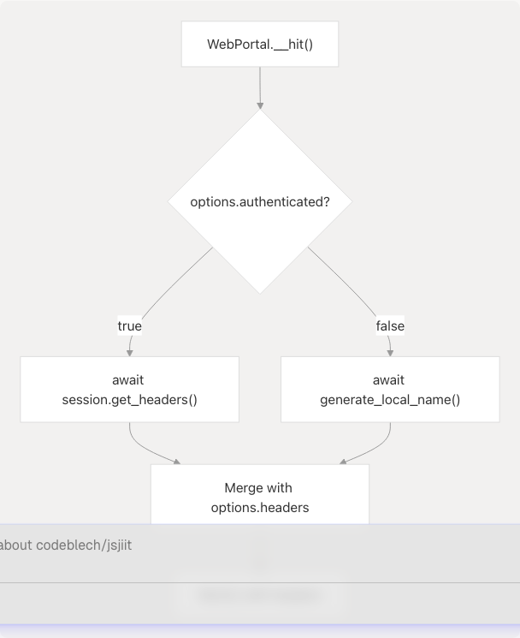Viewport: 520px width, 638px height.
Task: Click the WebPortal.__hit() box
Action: click(x=260, y=44)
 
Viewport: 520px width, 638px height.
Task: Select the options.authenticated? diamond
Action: click(x=260, y=202)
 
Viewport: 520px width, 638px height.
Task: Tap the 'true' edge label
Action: click(x=129, y=325)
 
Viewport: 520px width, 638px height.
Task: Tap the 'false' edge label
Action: click(x=390, y=325)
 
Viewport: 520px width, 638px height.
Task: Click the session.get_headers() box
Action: click(x=129, y=390)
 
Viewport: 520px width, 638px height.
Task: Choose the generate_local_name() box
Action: click(x=390, y=390)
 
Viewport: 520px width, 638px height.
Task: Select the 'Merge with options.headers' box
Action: click(x=260, y=497)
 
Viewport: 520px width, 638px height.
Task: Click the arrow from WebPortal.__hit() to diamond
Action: click(x=260, y=86)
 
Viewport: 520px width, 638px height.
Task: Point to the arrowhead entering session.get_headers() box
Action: click(x=130, y=351)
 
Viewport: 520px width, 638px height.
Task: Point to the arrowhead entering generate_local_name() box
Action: click(x=390, y=351)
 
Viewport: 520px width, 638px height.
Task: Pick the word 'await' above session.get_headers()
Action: click(x=129, y=379)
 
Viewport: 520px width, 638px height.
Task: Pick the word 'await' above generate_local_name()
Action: click(x=390, y=379)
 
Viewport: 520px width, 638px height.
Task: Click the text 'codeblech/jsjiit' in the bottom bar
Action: click(x=84, y=546)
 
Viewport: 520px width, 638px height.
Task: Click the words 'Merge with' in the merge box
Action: click(x=258, y=487)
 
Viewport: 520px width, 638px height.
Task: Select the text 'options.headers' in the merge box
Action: click(x=260, y=507)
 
